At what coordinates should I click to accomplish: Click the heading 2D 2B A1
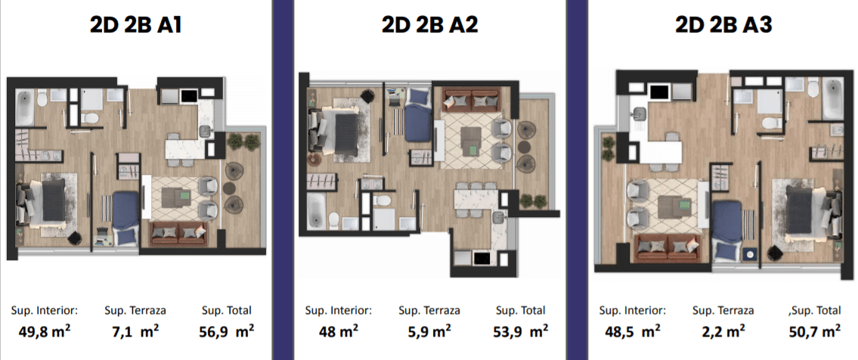[x=136, y=26]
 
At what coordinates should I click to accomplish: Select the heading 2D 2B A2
[x=429, y=26]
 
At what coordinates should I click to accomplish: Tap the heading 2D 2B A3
[x=723, y=26]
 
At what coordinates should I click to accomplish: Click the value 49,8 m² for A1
[x=45, y=331]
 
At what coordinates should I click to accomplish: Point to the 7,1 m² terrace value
[x=135, y=331]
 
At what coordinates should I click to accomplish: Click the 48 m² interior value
[x=339, y=331]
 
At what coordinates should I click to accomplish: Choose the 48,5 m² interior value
[x=632, y=331]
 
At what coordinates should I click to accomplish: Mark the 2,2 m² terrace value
[x=723, y=331]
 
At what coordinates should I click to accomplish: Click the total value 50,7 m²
[x=815, y=331]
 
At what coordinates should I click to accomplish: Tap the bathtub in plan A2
[x=316, y=211]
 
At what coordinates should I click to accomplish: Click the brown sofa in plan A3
[x=669, y=247]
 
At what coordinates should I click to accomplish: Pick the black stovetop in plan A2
[x=481, y=258]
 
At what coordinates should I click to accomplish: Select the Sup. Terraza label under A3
[x=723, y=311]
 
